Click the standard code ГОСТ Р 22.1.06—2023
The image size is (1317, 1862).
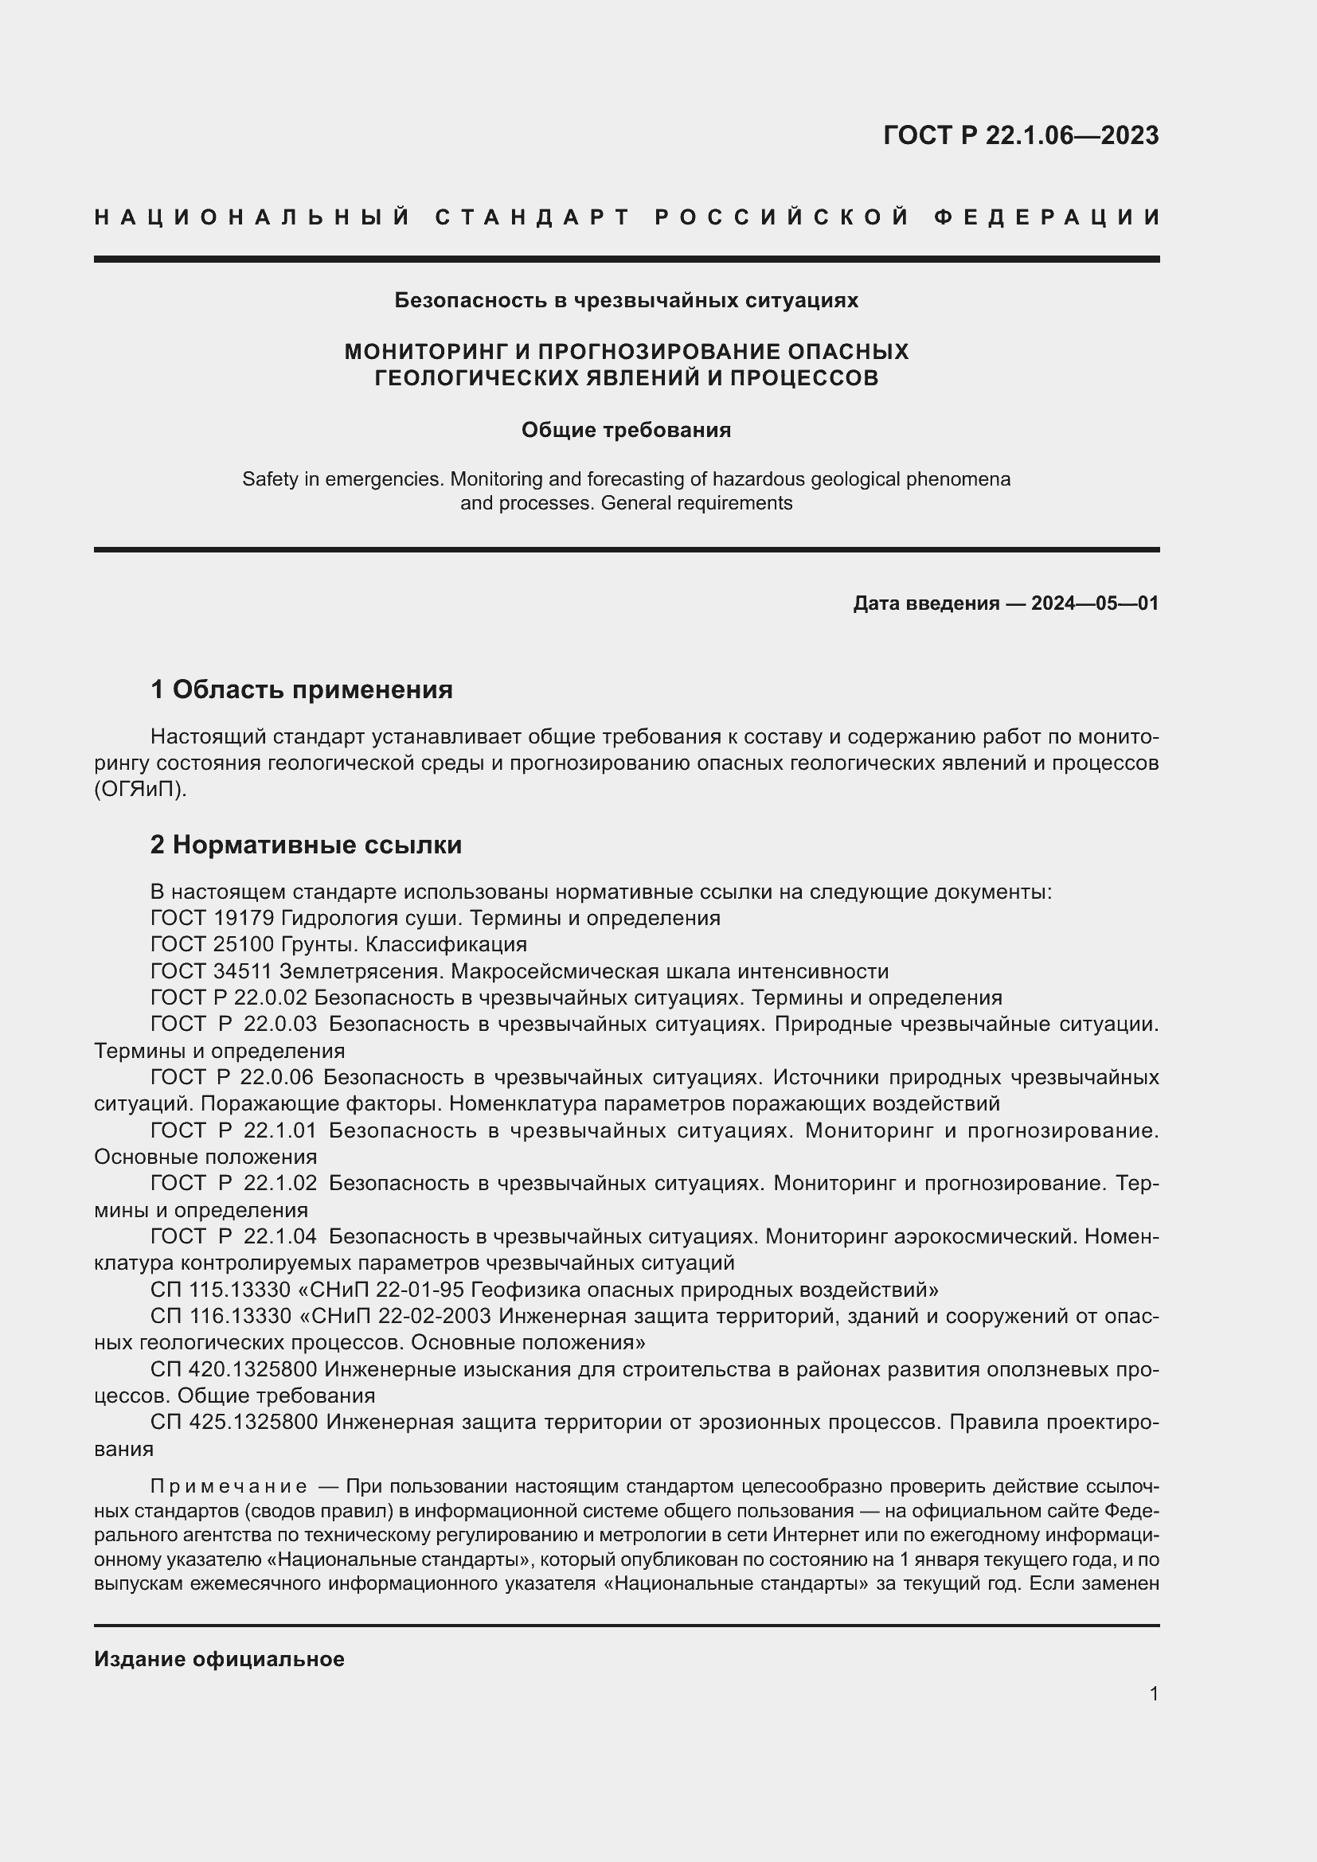(x=1020, y=135)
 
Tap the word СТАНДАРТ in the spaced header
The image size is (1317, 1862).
(x=533, y=217)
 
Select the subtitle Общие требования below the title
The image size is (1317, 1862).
(x=626, y=430)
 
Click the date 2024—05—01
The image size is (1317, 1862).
(x=1094, y=603)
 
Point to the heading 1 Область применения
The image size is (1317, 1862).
(x=302, y=690)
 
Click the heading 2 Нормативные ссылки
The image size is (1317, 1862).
(x=306, y=845)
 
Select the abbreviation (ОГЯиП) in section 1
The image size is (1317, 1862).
(x=140, y=789)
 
